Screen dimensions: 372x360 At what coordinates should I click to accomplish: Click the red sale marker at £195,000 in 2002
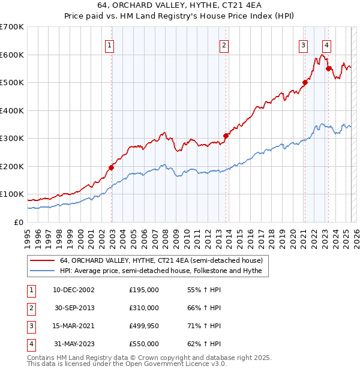click(x=112, y=167)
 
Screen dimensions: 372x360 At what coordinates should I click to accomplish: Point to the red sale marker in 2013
click(x=226, y=136)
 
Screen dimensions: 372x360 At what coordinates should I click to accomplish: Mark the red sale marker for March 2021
click(x=305, y=83)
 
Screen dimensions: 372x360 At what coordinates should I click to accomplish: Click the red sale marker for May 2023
click(x=328, y=68)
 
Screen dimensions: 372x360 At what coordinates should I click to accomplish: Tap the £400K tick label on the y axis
click(x=12, y=110)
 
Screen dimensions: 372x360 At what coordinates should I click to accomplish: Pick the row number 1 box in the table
click(x=31, y=290)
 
